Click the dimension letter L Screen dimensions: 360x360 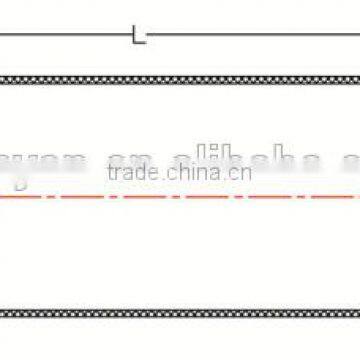click(x=138, y=36)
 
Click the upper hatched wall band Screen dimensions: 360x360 click(x=180, y=79)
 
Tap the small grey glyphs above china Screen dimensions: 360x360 click(x=208, y=152)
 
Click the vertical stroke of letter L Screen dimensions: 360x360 click(x=135, y=35)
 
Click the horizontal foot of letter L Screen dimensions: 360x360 click(x=140, y=41)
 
